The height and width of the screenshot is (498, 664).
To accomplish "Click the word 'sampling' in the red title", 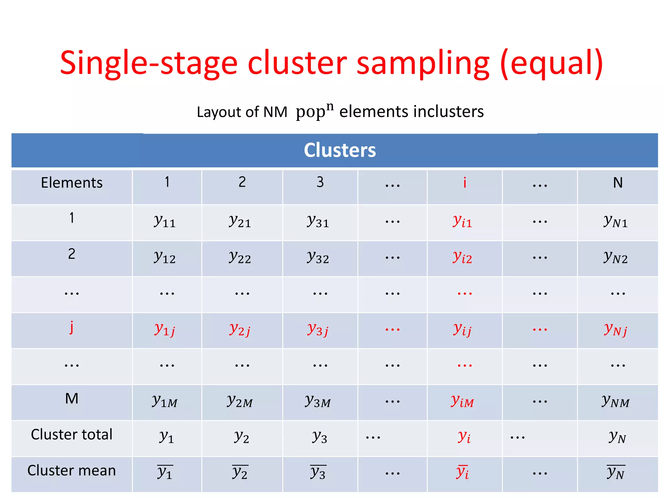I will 423,64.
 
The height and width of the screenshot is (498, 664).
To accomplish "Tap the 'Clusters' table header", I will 339,150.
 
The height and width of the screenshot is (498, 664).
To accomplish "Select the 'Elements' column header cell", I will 72,183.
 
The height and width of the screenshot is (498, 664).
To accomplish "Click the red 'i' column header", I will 465,183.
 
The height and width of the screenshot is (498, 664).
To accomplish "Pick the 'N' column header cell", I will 618,183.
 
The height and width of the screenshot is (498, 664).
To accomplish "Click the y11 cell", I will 165,221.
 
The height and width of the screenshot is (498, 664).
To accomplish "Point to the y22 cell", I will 240,257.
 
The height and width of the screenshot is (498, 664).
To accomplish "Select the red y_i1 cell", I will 462,221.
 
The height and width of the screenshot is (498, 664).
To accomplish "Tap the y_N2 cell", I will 615,257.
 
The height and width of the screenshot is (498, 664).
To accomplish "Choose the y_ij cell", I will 462,330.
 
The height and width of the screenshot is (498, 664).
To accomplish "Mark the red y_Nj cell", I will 615,330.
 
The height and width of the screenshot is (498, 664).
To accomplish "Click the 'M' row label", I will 72,398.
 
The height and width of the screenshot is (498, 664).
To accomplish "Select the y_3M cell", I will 318,401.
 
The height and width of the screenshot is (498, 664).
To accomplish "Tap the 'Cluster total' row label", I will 72,434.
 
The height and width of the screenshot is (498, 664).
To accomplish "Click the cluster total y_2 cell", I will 242,437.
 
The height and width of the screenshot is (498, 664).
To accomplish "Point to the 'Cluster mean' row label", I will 72,470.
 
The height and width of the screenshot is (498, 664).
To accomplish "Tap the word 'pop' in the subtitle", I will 311,112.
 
